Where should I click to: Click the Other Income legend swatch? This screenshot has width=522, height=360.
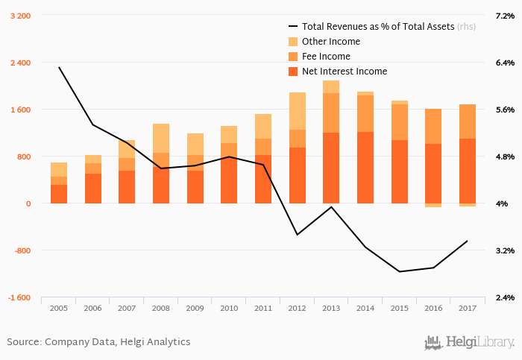(x=293, y=42)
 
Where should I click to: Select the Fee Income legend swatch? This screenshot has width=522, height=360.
(x=293, y=57)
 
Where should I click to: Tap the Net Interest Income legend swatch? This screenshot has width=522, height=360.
(x=293, y=72)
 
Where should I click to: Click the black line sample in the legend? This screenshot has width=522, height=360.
(x=293, y=27)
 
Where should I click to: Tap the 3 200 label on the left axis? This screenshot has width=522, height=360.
(x=20, y=16)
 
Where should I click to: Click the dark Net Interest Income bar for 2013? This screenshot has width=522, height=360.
(x=331, y=168)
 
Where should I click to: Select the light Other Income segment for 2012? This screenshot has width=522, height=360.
(x=298, y=111)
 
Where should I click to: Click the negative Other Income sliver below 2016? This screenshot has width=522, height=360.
(x=433, y=205)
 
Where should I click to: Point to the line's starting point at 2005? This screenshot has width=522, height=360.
(x=59, y=67)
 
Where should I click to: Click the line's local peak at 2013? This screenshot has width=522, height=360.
(x=331, y=206)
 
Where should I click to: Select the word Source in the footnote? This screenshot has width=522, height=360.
(x=23, y=342)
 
